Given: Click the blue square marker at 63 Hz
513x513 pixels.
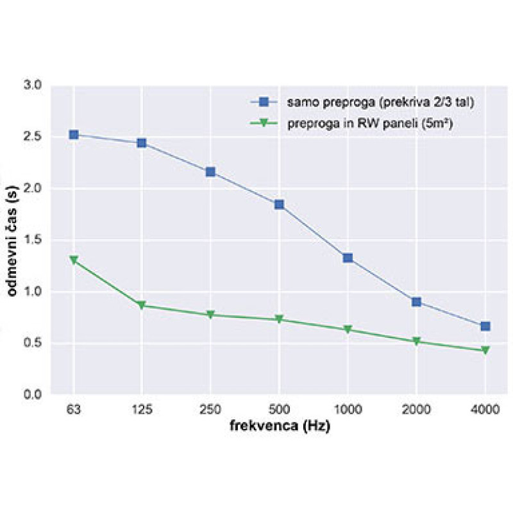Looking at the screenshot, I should [x=74, y=135].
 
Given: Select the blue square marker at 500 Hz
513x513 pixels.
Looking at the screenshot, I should [x=279, y=205].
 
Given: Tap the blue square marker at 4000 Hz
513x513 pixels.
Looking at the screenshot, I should [x=485, y=326].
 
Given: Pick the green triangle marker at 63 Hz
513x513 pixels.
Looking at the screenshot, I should [x=74, y=260].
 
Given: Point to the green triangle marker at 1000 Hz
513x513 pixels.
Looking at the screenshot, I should [x=348, y=330].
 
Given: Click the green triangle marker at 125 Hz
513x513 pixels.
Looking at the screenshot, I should [x=142, y=305].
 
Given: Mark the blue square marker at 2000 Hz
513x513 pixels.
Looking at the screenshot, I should [x=416, y=302].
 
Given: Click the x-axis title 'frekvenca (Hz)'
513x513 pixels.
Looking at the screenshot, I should [x=280, y=426].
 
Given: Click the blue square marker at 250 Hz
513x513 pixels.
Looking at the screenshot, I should [x=210, y=172].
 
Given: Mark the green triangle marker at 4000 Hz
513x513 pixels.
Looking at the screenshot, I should [x=485, y=350].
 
